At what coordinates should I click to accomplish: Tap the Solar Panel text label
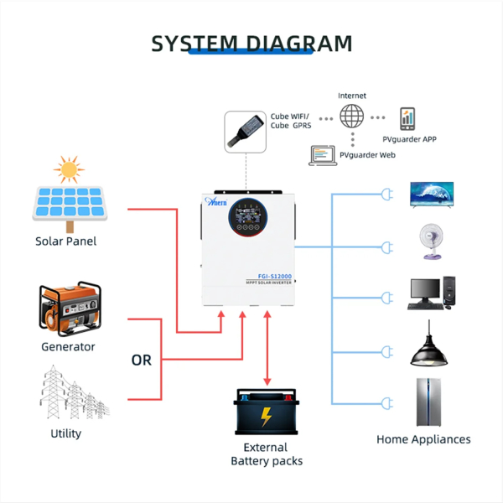[65, 241]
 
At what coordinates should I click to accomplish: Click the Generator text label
[68, 347]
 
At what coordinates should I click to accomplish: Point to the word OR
[142, 360]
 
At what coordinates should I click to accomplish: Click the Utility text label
[66, 433]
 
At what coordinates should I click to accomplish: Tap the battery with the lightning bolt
[266, 412]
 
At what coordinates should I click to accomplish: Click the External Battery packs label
[266, 454]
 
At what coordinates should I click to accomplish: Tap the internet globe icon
[353, 116]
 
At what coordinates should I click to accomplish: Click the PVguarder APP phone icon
[408, 118]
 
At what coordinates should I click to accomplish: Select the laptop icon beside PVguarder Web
[323, 155]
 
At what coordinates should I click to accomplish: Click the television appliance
[431, 194]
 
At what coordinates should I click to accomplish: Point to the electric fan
[432, 241]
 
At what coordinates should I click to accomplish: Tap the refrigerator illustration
[428, 401]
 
